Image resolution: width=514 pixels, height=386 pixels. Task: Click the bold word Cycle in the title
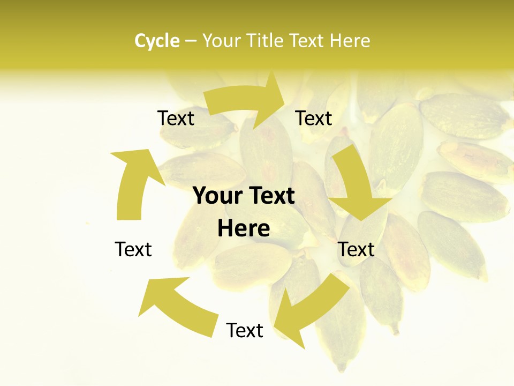point(156,41)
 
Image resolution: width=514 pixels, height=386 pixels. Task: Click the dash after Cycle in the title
point(191,41)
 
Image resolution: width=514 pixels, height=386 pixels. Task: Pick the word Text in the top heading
point(308,41)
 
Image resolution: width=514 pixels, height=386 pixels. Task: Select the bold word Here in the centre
point(244,228)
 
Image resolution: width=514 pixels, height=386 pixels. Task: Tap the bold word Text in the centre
point(271,196)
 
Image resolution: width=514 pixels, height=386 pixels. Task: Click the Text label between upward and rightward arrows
point(176,118)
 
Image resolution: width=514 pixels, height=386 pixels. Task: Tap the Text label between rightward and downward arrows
point(314,118)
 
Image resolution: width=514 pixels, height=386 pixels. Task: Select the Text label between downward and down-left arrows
point(356,249)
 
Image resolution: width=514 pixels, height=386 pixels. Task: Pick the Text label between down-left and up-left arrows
point(245,330)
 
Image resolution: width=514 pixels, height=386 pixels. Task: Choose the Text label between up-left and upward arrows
point(133,249)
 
